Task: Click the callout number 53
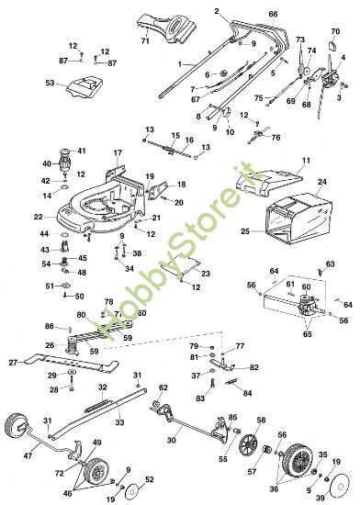(x=50, y=83)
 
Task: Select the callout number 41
(x=81, y=150)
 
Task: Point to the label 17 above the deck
(x=117, y=151)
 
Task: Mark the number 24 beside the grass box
(x=321, y=183)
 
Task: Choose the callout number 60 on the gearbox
(x=308, y=287)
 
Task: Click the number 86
(x=49, y=326)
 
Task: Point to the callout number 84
(x=247, y=392)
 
